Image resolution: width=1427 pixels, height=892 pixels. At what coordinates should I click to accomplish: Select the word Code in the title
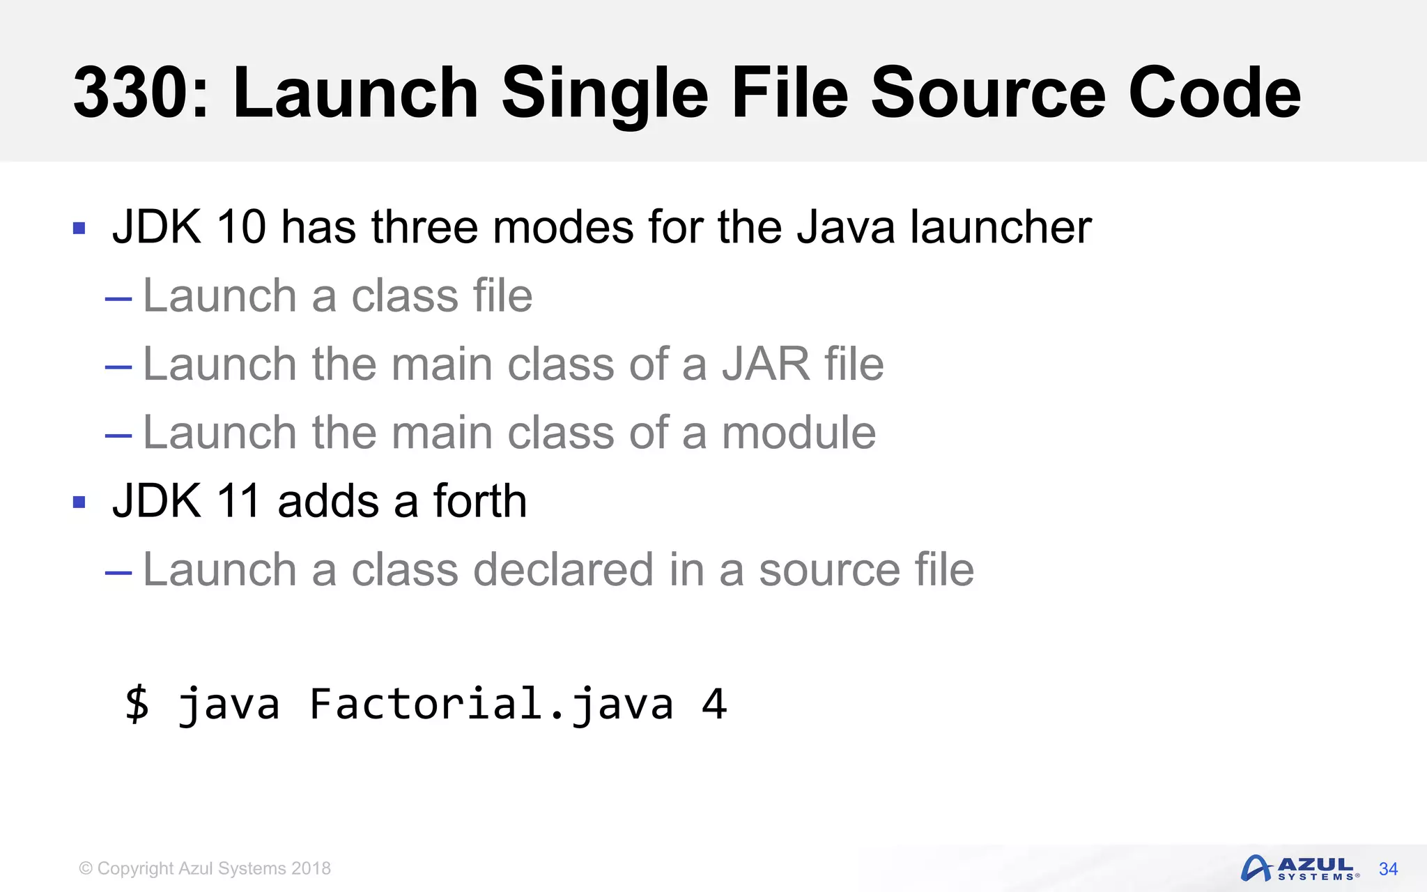(1214, 93)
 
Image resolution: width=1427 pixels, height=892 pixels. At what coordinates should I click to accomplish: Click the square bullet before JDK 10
(79, 228)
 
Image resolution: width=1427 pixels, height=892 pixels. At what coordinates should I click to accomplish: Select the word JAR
(765, 364)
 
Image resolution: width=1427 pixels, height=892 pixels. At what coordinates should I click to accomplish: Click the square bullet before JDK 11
(79, 502)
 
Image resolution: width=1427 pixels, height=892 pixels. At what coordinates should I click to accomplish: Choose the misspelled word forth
(480, 501)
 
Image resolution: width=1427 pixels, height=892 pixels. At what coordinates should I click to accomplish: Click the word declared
(563, 569)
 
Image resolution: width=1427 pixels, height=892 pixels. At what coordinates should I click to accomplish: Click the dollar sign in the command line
(137, 703)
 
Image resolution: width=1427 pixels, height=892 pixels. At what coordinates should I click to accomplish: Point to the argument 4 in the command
(714, 704)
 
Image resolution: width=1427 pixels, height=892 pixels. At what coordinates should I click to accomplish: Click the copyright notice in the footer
(205, 868)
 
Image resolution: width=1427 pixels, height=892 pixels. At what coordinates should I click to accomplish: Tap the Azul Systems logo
(1299, 868)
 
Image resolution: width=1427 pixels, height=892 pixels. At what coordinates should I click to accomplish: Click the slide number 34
(1388, 869)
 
